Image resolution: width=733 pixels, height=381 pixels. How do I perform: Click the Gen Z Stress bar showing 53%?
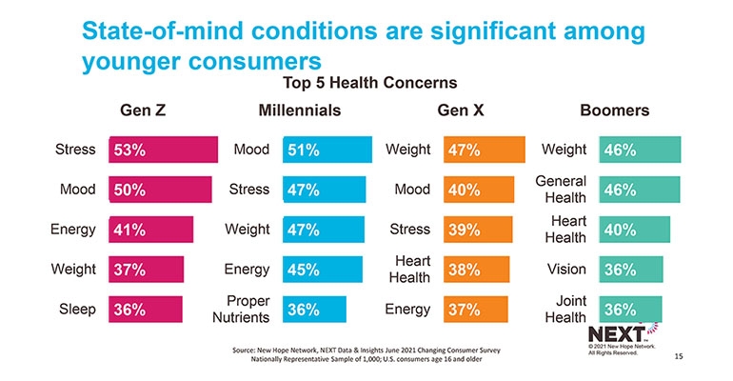point(163,150)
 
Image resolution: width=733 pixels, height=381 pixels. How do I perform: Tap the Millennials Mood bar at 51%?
point(327,150)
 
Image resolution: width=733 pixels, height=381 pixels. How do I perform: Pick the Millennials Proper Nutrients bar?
point(314,310)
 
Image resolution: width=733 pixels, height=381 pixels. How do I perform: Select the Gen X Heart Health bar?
point(476,270)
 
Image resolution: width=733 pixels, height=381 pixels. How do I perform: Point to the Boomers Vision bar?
point(631,270)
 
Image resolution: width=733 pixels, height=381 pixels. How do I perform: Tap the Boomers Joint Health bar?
point(630,310)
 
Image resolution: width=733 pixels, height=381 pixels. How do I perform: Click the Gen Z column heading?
point(143,110)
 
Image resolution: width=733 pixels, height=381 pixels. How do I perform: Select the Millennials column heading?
point(300,110)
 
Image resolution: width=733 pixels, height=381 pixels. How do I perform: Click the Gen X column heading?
point(461,110)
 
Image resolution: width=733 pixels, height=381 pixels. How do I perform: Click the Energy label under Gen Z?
point(73,230)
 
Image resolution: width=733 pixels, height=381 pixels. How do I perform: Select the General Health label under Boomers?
point(561,189)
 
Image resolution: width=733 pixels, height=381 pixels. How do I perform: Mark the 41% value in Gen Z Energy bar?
point(129,230)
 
